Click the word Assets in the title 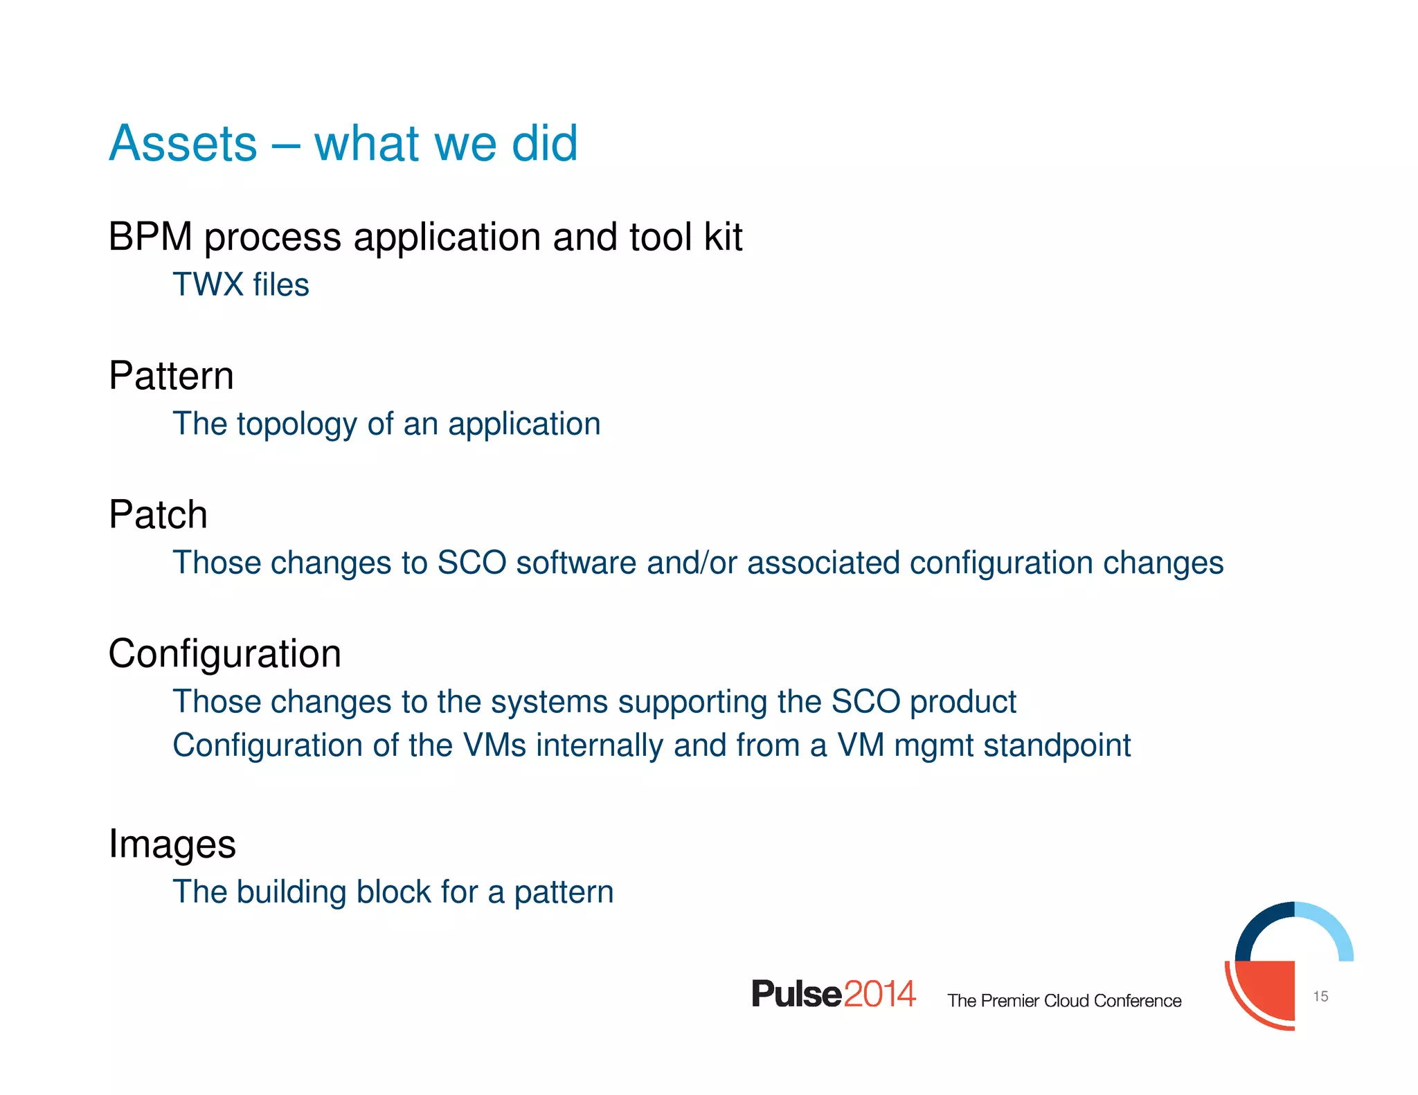pyautogui.click(x=183, y=143)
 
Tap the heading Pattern pyautogui.click(x=171, y=376)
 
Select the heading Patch pyautogui.click(x=158, y=514)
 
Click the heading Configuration pyautogui.click(x=224, y=653)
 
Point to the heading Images pyautogui.click(x=172, y=844)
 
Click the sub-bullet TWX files pyautogui.click(x=240, y=284)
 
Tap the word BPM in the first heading pyautogui.click(x=150, y=237)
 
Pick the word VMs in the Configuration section pyautogui.click(x=494, y=745)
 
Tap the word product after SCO pyautogui.click(x=962, y=702)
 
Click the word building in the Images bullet pyautogui.click(x=291, y=892)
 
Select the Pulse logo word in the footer pyautogui.click(x=796, y=994)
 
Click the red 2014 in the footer pyautogui.click(x=879, y=994)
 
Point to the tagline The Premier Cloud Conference pyautogui.click(x=1064, y=1001)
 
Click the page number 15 pyautogui.click(x=1320, y=996)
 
